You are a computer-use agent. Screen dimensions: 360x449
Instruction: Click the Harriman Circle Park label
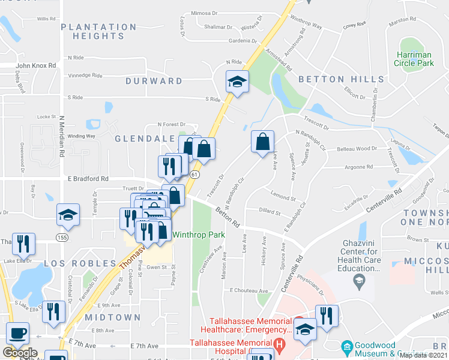(x=414, y=58)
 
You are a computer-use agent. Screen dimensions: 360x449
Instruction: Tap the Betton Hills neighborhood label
(x=340, y=79)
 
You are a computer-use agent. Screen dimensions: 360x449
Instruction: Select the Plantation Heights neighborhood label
(x=98, y=31)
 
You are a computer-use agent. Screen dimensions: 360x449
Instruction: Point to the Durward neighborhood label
(x=154, y=80)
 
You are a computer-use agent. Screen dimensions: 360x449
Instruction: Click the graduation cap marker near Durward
(x=237, y=82)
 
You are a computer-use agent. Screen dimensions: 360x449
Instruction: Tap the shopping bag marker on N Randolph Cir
(x=262, y=143)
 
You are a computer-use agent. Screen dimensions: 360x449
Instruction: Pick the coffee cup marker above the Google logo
(x=17, y=333)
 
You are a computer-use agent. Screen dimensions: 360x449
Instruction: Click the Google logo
(x=20, y=353)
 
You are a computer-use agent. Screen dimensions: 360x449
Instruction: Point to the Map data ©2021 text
(x=423, y=355)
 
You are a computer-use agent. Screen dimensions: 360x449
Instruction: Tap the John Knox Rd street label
(x=36, y=65)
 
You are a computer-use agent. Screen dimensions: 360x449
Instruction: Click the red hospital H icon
(x=279, y=346)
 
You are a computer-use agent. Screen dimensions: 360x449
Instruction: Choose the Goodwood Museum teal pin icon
(x=346, y=346)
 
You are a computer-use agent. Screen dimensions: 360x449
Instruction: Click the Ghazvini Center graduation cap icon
(x=358, y=280)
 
